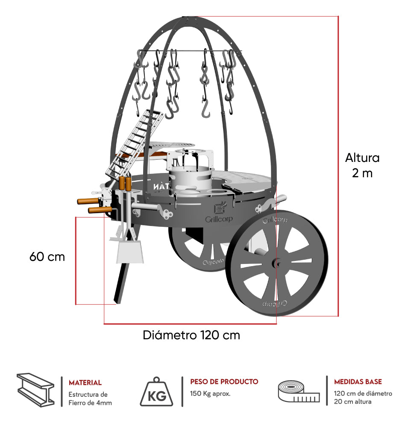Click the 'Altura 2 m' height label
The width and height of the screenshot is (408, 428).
click(x=362, y=165)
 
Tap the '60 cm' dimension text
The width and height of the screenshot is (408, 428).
click(x=47, y=257)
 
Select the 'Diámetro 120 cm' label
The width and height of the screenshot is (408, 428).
click(x=191, y=335)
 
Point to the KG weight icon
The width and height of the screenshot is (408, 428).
click(x=157, y=391)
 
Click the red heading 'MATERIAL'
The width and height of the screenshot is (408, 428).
click(x=85, y=383)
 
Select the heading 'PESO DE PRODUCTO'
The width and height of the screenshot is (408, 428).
click(x=224, y=381)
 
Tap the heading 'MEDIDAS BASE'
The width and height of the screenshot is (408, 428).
click(x=358, y=381)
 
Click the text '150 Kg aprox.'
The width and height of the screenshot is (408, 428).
click(x=210, y=393)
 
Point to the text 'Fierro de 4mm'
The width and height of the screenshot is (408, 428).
click(x=90, y=403)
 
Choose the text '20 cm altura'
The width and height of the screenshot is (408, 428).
click(x=352, y=402)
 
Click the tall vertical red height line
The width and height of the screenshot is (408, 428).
click(x=338, y=167)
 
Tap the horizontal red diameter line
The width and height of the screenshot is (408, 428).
click(x=190, y=323)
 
